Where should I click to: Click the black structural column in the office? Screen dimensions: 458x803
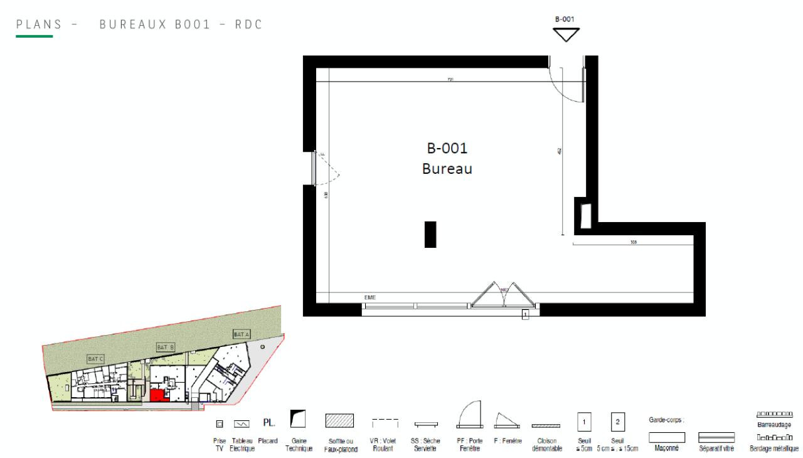click(430, 235)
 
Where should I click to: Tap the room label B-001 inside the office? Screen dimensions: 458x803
click(447, 149)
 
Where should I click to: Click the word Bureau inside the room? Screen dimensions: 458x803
click(447, 169)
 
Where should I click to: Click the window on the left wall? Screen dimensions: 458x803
click(314, 168)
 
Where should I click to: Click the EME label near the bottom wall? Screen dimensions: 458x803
click(370, 297)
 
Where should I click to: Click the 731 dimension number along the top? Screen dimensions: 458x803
click(450, 80)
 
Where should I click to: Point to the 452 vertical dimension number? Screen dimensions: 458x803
click(559, 151)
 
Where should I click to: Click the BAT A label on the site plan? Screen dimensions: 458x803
click(242, 334)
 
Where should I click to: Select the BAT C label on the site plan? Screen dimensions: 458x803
click(96, 358)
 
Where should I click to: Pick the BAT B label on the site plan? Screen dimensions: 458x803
click(165, 347)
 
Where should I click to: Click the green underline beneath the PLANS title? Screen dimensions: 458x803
click(35, 36)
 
